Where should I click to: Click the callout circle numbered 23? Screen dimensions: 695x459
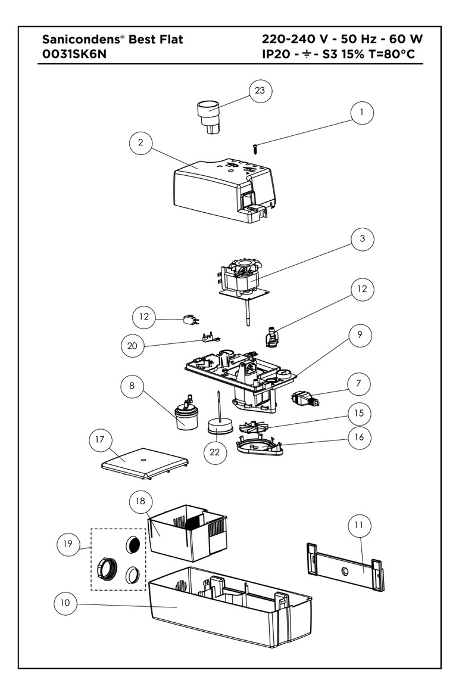(260, 91)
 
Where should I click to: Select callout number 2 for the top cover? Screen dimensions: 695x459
(140, 142)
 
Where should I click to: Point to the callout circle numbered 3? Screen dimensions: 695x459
(362, 239)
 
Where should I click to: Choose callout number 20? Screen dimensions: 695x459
(133, 345)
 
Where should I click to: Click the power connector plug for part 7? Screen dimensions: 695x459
(304, 398)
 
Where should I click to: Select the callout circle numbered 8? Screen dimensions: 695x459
(132, 386)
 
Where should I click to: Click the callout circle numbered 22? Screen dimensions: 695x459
(214, 453)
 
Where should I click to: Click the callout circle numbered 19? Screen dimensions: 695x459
(69, 543)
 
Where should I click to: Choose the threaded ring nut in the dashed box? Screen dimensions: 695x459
(106, 570)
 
